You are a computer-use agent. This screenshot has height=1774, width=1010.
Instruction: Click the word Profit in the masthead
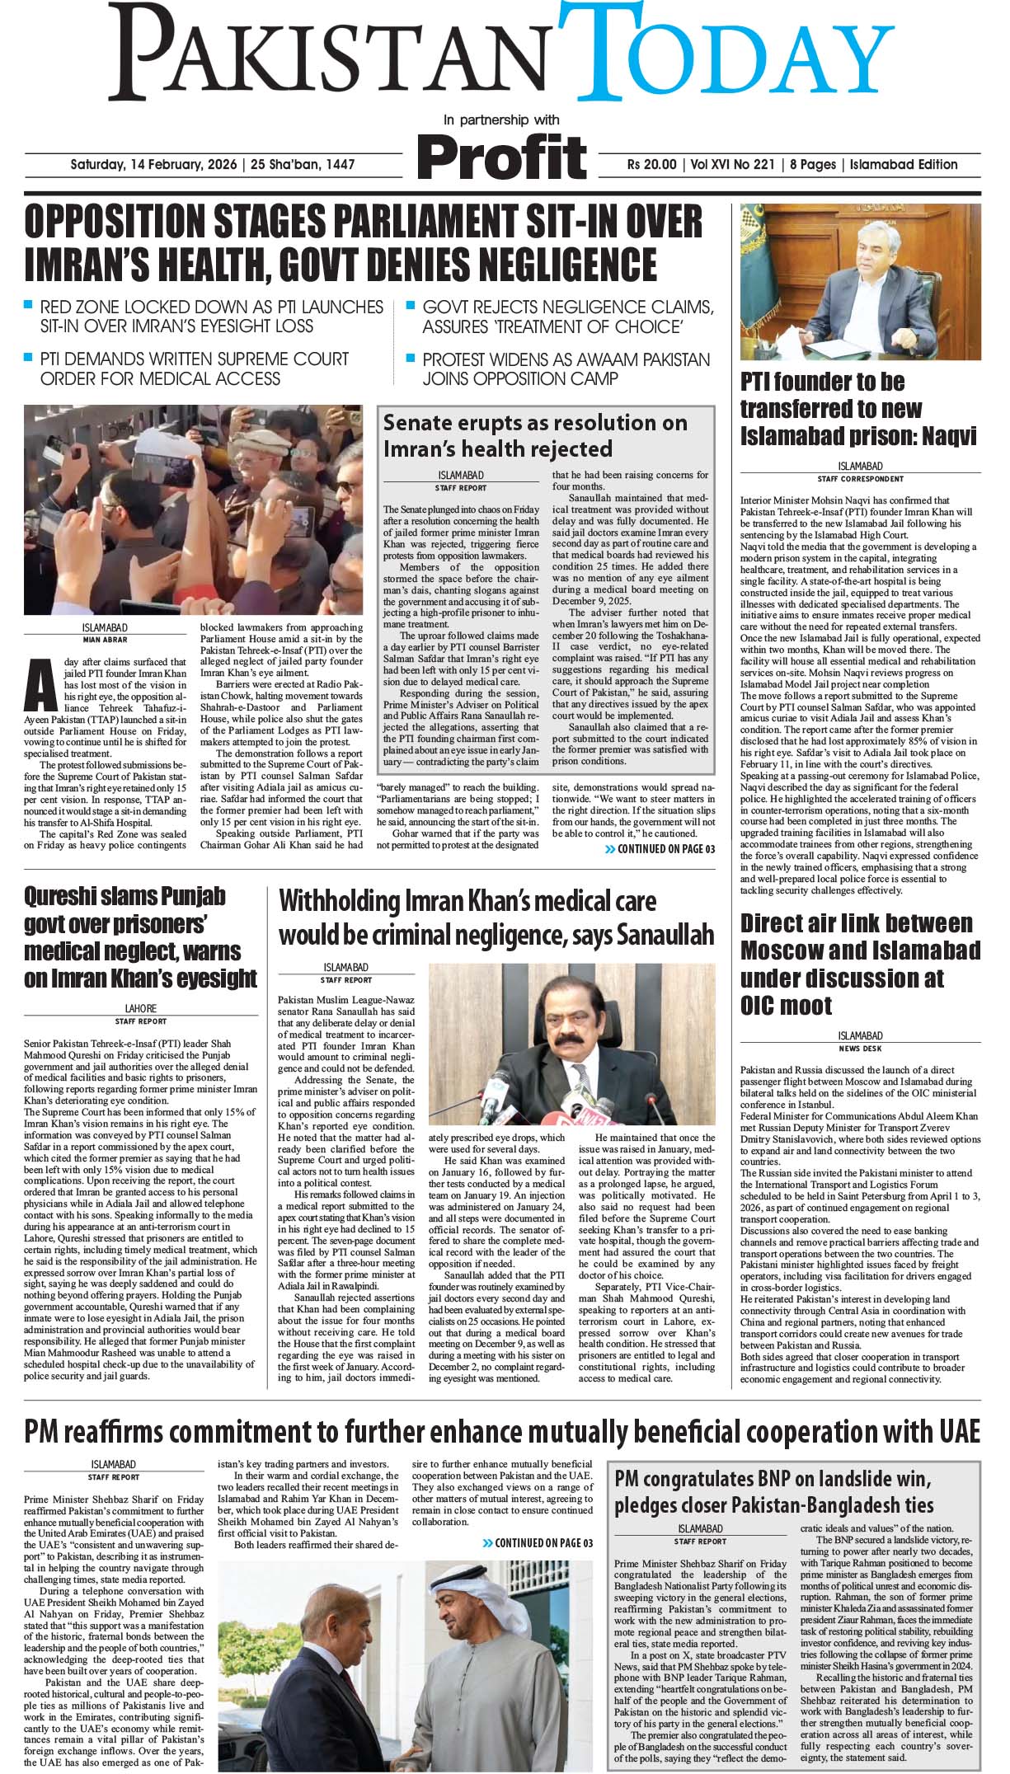point(502,157)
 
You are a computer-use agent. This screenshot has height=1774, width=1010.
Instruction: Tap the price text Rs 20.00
point(651,165)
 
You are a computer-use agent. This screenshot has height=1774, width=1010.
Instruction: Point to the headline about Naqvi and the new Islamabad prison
point(857,409)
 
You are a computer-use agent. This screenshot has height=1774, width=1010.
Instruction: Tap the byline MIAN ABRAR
point(105,639)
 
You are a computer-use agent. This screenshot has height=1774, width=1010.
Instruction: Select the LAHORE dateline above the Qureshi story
point(140,1008)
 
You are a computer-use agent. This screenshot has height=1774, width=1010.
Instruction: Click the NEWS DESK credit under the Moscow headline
point(860,1049)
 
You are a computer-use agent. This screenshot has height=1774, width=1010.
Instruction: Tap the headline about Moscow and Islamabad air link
point(860,964)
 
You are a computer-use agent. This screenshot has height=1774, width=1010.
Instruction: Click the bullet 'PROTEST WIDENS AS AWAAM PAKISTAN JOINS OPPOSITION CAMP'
point(566,369)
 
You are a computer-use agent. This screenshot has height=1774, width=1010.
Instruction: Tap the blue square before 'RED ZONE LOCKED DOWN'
point(29,306)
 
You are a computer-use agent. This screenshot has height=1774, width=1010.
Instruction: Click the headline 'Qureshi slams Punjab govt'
point(140,937)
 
